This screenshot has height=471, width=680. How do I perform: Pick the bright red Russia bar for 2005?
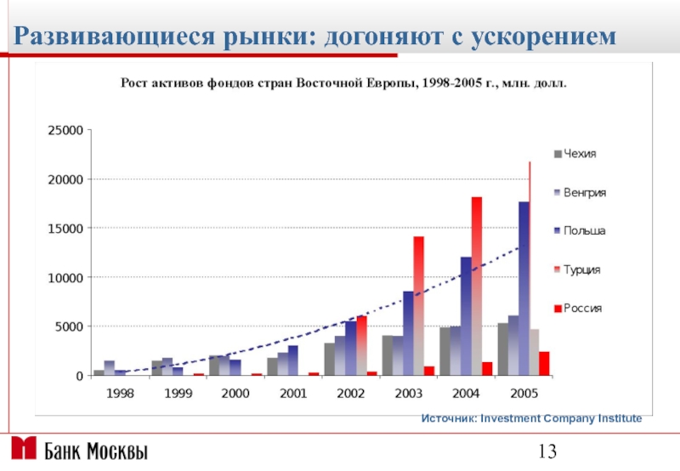pos(544,363)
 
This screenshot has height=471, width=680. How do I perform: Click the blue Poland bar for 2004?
pos(466,315)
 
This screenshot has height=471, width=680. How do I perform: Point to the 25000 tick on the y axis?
pos(65,131)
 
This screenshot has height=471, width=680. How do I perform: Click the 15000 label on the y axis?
pos(65,229)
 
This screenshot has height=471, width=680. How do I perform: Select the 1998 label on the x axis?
pos(120,393)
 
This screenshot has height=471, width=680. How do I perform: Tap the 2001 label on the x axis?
pos(293,393)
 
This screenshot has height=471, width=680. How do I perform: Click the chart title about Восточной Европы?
pos(341,83)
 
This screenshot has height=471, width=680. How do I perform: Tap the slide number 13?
pos(547,451)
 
